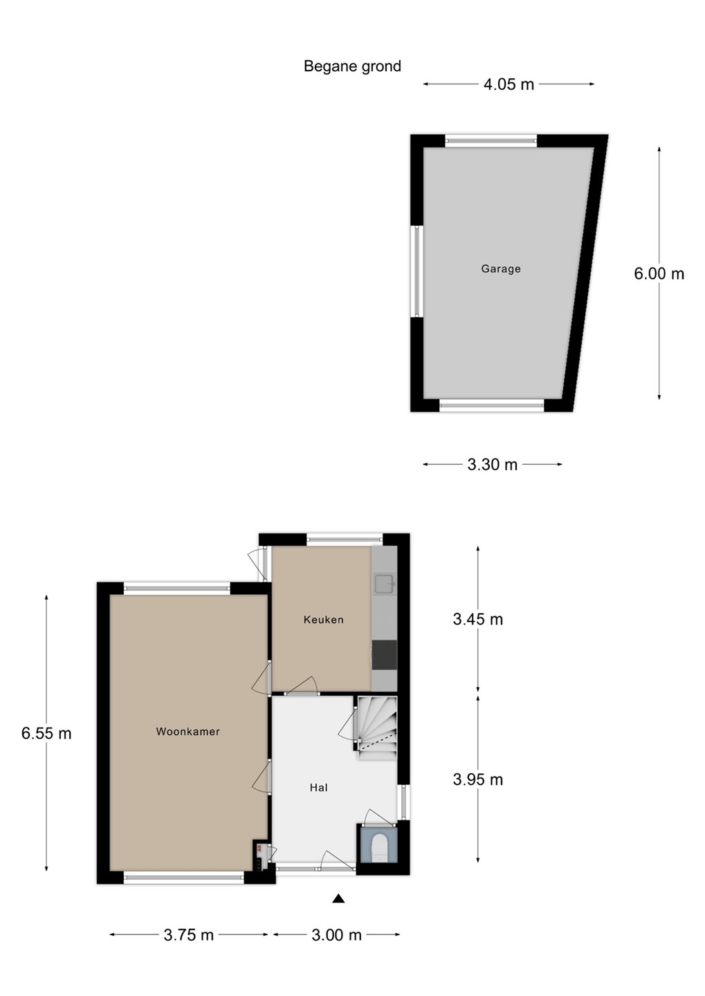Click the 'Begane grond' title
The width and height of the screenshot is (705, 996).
[x=352, y=66]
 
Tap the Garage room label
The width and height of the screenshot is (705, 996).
[x=501, y=269]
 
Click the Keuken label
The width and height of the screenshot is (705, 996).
[x=323, y=620]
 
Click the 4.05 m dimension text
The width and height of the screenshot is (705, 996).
[x=509, y=84]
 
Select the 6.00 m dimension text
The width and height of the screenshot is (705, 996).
[x=659, y=274]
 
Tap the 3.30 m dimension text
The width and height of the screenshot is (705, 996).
[x=493, y=465]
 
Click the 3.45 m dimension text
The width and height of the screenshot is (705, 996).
[x=477, y=620]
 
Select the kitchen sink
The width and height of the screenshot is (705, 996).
[x=384, y=584]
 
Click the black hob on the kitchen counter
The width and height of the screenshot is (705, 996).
[x=384, y=655]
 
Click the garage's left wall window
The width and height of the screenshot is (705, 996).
[x=416, y=271]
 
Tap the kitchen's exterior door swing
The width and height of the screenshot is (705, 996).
[x=257, y=564]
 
